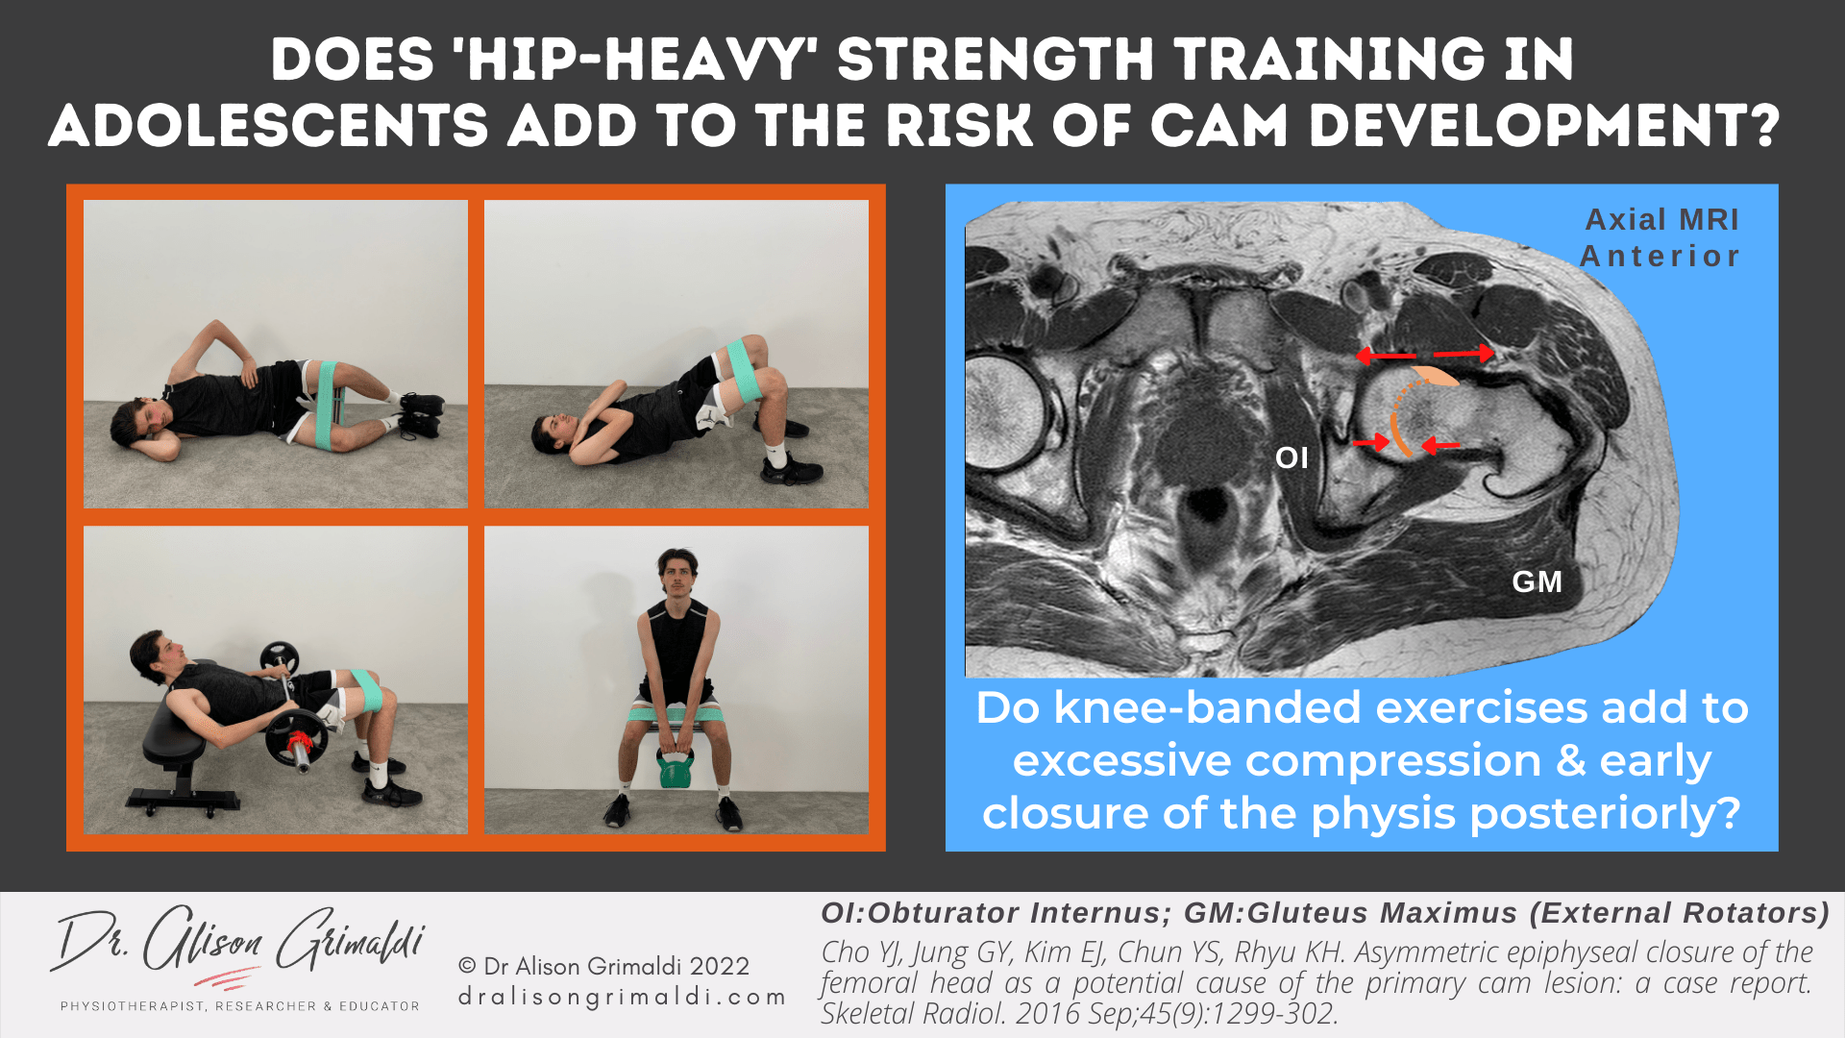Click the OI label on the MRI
(1291, 457)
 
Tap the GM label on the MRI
(1537, 581)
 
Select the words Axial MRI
(1661, 219)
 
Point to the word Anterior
(1660, 257)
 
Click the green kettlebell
(675, 768)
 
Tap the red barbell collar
(300, 742)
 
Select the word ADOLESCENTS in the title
(269, 126)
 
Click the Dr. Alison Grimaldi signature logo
(238, 947)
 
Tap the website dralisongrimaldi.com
(622, 998)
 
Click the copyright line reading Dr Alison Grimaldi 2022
(603, 966)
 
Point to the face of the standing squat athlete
(677, 574)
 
